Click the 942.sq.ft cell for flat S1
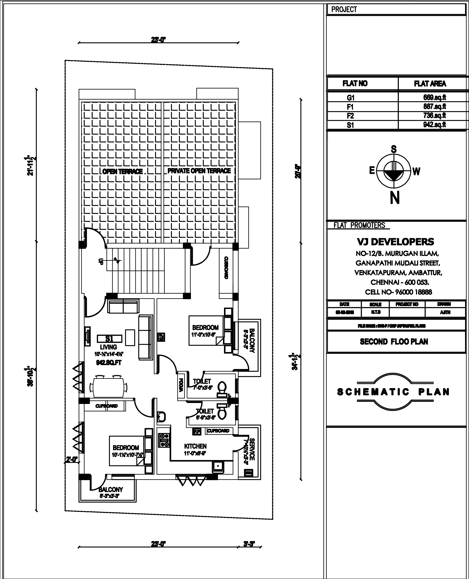[434, 125]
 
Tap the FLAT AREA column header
[430, 84]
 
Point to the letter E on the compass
[372, 171]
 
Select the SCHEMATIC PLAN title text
[393, 392]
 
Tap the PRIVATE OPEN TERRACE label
[199, 171]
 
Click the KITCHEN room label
[195, 446]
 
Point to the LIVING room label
[108, 347]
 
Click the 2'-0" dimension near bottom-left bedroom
[72, 459]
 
